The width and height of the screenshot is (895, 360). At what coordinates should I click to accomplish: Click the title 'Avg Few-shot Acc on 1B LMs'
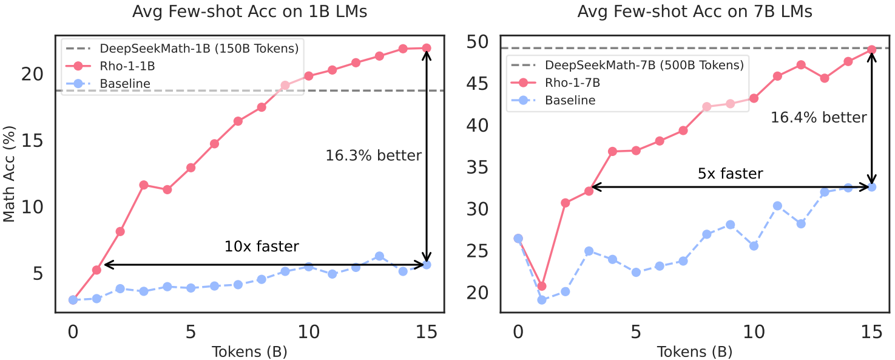point(249,12)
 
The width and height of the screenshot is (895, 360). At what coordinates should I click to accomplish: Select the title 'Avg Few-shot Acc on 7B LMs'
point(695,12)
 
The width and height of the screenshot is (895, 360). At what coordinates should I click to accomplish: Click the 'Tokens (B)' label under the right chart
point(695,352)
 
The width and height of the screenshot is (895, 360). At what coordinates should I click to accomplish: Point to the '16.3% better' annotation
point(373,155)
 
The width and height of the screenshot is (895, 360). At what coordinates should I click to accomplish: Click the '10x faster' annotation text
point(262,246)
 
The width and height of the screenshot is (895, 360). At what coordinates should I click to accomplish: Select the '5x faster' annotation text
point(730,174)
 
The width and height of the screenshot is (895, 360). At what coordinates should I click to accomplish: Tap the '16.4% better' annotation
point(819,117)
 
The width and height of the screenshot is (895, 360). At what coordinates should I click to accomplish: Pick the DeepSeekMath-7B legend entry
point(644,64)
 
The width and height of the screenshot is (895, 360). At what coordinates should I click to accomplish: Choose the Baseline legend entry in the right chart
point(570,100)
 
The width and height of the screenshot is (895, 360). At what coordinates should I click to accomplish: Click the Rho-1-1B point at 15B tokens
point(427,48)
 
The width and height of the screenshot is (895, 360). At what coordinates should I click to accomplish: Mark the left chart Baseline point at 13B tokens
point(379,256)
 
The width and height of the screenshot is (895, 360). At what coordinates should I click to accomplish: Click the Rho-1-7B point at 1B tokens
point(542,286)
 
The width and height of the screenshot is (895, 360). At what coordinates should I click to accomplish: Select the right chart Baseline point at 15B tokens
point(872,187)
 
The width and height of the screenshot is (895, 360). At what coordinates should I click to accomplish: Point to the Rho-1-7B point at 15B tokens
point(872,50)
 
